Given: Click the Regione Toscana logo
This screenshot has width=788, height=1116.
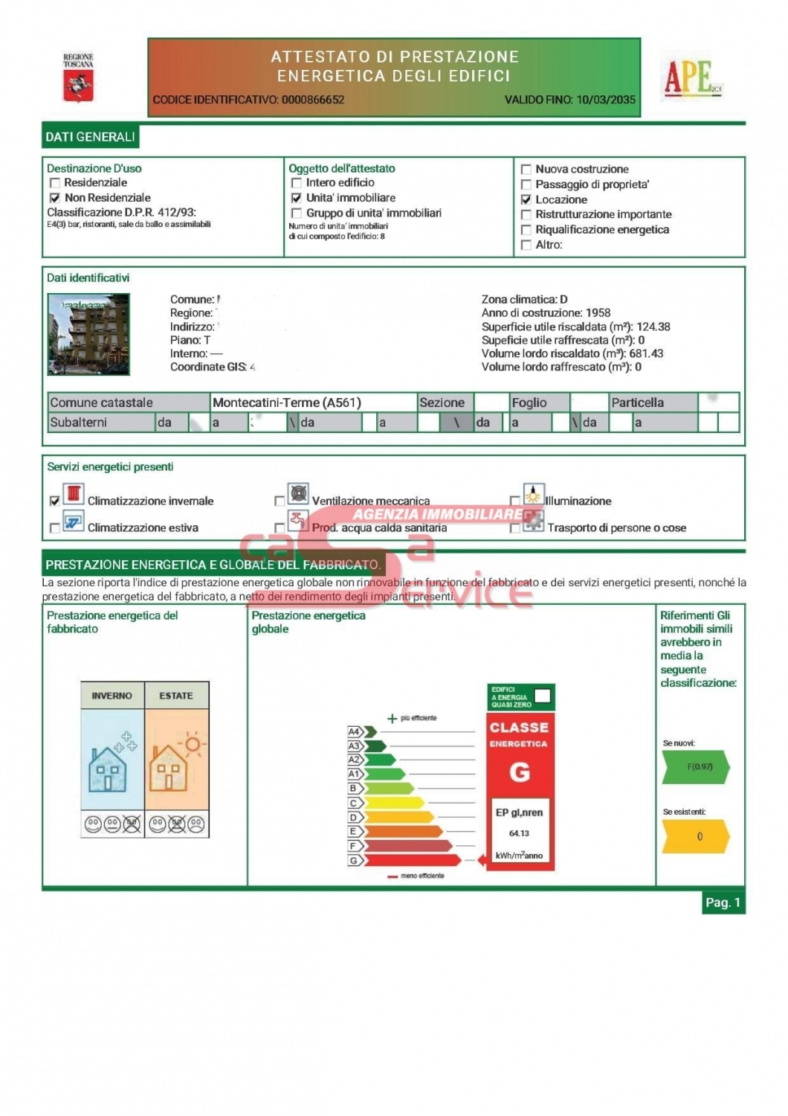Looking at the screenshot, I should [x=78, y=77].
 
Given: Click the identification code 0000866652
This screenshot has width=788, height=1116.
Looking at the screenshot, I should [x=312, y=100].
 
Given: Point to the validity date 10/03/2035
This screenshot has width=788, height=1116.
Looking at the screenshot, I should [x=606, y=100].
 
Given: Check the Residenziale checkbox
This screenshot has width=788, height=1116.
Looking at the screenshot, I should [x=54, y=183].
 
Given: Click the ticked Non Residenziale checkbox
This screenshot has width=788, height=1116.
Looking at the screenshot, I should [x=54, y=198].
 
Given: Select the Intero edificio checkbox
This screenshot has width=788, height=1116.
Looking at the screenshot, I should [x=297, y=183].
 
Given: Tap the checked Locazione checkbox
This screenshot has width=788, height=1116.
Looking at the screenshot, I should [x=526, y=199].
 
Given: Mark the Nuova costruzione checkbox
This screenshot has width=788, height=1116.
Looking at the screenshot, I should [x=526, y=170].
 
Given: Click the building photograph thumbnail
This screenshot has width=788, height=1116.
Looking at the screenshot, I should [x=88, y=334].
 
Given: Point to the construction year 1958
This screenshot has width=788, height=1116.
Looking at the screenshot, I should [x=598, y=313].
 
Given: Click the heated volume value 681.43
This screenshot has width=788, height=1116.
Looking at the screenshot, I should [x=646, y=353].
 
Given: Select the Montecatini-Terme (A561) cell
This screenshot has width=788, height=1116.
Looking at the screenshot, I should [x=287, y=403].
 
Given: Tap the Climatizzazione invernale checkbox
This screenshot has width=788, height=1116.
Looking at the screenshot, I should [x=54, y=501].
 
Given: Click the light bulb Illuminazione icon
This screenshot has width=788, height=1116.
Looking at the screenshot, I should [x=533, y=495].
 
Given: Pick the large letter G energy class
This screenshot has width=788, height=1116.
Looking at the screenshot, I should [x=520, y=773].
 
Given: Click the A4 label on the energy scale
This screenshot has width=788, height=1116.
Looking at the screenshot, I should [x=355, y=732].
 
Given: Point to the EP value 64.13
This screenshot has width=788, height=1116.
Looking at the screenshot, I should [x=520, y=833].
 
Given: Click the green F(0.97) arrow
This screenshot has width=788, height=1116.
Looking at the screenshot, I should [x=697, y=767].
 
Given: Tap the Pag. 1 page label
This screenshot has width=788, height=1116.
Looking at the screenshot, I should [x=723, y=902].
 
